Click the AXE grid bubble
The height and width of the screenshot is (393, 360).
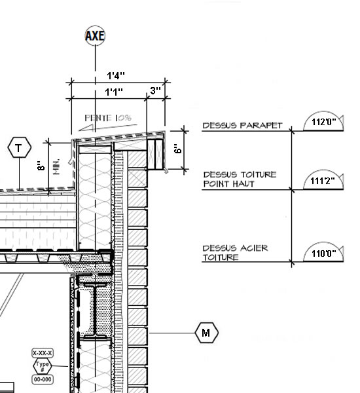(95, 35)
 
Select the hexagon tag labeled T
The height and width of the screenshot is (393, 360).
(20, 147)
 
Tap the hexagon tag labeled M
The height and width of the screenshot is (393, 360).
(206, 333)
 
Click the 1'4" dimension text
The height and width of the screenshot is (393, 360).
(116, 75)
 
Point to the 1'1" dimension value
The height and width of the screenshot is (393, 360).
(114, 92)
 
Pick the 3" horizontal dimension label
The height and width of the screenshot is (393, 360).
(155, 90)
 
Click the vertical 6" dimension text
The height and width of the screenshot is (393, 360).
(177, 149)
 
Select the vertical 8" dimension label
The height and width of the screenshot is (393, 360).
(41, 166)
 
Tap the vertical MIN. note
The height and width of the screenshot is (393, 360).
(56, 166)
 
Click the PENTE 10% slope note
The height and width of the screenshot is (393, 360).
(108, 118)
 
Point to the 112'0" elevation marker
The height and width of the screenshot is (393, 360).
(323, 121)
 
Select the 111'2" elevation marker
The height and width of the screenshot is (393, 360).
(323, 180)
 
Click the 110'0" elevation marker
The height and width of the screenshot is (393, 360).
(323, 252)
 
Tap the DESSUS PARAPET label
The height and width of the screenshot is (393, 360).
(242, 125)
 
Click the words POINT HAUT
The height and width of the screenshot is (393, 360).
(228, 183)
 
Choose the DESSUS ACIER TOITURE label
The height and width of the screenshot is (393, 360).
(235, 253)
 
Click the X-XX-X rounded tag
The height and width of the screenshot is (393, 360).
(43, 353)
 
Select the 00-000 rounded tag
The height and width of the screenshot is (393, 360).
(43, 379)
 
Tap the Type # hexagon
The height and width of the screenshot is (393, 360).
(43, 366)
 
